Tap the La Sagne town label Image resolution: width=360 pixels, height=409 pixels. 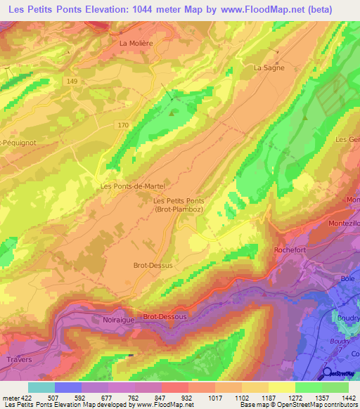(267, 67)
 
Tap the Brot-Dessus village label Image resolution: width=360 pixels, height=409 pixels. (153, 266)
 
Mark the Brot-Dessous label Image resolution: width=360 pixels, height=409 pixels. (165, 317)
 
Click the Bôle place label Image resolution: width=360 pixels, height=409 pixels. (347, 279)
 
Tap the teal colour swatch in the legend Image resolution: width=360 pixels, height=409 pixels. (41, 387)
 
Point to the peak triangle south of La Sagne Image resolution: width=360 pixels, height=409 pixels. (306, 119)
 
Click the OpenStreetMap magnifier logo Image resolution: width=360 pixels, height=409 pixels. (328, 372)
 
